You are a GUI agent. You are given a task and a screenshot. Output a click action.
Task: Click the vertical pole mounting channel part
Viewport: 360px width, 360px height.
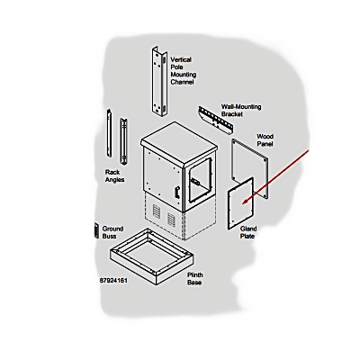click(x=159, y=81)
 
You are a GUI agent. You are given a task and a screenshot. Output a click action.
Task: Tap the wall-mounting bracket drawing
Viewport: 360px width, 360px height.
click(x=216, y=120)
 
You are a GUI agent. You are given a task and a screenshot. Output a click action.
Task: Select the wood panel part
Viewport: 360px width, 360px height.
click(x=250, y=168)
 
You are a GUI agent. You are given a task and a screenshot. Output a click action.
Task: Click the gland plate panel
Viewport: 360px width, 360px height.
click(x=240, y=203)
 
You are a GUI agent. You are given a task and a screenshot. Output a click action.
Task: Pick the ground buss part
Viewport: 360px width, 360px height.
click(x=96, y=230)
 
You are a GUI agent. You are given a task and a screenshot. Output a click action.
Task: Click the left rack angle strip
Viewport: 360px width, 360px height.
click(x=109, y=133)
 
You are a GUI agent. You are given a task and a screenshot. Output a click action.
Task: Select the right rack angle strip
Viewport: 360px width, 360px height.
click(x=123, y=141)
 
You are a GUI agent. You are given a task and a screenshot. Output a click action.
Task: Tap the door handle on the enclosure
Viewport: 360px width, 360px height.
click(x=177, y=193)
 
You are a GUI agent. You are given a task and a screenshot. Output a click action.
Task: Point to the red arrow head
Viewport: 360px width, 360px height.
click(x=245, y=201)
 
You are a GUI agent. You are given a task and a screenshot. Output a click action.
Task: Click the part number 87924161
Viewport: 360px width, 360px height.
click(x=113, y=281)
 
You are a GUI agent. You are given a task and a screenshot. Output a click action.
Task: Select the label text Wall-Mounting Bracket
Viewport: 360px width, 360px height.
click(x=241, y=111)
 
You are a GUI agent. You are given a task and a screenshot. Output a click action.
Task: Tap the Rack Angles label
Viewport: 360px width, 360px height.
click(x=114, y=176)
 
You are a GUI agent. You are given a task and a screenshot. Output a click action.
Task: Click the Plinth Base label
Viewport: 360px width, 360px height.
click(x=195, y=279)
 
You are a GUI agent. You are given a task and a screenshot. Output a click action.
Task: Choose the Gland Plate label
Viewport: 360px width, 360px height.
click(x=248, y=232)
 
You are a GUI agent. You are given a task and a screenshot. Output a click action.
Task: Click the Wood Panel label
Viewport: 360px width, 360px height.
click(x=265, y=140)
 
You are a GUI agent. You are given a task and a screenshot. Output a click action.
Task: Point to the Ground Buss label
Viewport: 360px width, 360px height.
click(x=112, y=232)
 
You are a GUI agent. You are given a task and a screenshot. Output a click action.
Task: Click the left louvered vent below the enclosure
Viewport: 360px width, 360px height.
click(x=157, y=211)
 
